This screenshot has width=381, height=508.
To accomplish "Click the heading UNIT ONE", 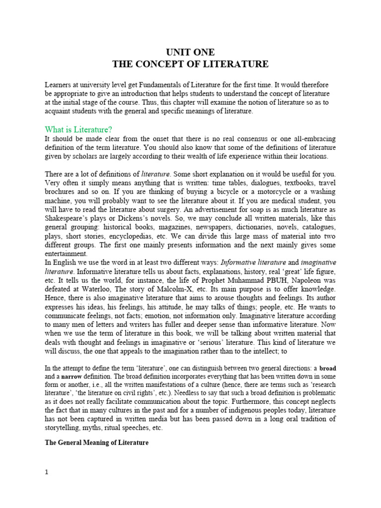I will (190, 52).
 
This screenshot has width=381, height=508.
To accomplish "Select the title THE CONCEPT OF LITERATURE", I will (190, 64).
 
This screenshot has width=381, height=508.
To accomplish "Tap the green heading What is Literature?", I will (78, 129).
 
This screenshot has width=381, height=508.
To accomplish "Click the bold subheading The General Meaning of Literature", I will (97, 443).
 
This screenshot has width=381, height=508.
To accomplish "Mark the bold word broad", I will (327, 369).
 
